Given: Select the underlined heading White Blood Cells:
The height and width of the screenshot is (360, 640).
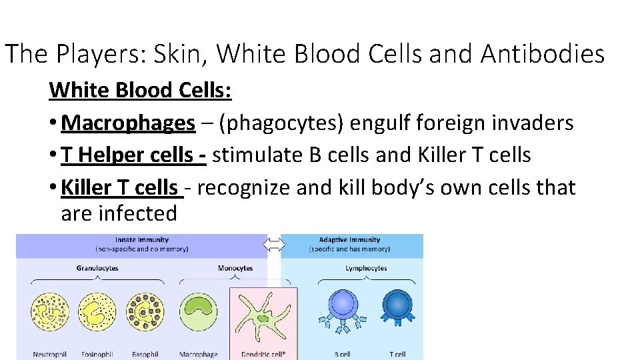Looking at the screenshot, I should (x=140, y=89).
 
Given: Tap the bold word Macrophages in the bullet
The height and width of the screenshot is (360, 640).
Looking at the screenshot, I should (x=128, y=123).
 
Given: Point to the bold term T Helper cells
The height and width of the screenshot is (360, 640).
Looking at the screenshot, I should (x=133, y=155).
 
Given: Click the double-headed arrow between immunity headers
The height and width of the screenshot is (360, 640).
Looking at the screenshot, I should (x=274, y=245).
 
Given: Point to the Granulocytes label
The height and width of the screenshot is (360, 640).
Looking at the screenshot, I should (x=97, y=268).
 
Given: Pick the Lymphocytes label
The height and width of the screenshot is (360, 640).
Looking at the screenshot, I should (x=366, y=268).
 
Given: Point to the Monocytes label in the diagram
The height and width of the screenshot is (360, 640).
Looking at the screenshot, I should (x=235, y=268).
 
